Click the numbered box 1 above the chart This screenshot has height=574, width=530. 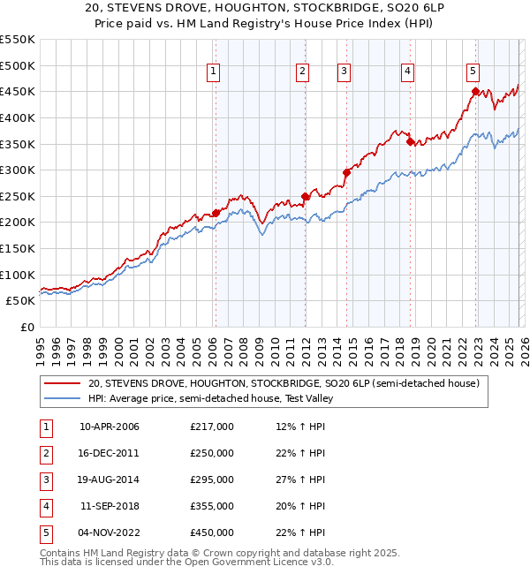214,72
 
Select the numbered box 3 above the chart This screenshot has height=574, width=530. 344,72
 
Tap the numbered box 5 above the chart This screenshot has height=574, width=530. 473,72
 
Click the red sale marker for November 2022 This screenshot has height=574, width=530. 475,91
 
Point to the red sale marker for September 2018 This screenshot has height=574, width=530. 410,141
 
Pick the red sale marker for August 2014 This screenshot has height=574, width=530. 346,173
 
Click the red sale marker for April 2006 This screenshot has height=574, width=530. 216,213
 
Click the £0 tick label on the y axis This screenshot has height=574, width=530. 26,327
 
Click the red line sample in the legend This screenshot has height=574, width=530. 62,384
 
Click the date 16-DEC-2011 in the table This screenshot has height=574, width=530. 109,453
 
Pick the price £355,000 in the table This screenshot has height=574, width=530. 212,506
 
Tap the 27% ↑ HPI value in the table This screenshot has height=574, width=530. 300,480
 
